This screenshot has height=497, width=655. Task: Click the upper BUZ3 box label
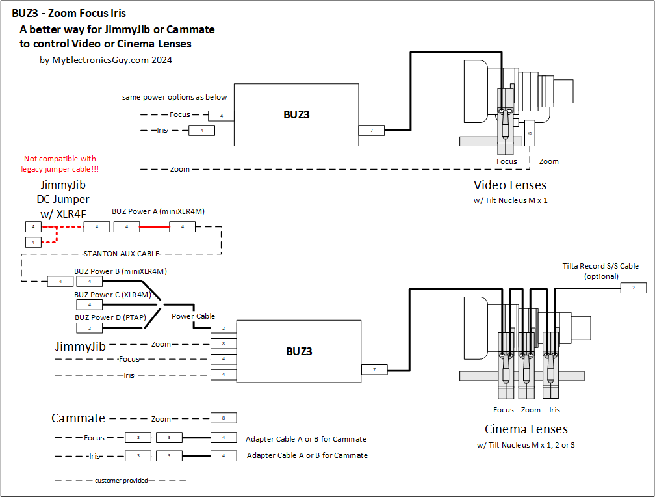coord(296,114)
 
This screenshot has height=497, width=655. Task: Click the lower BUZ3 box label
coord(299,351)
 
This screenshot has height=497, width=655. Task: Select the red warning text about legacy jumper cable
coord(59,164)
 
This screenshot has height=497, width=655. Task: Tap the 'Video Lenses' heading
coord(509,185)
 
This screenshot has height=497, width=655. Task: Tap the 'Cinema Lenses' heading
coord(526,429)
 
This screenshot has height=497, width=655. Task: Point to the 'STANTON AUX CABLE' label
coord(122,254)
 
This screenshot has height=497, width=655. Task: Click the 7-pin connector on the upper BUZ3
coord(372,131)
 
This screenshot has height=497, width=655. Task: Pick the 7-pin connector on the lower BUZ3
coord(374,369)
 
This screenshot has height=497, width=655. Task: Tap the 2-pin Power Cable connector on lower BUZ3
coord(223,329)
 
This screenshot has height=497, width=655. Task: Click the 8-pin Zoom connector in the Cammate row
coord(224,418)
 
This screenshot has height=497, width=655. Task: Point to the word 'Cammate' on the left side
coord(78,418)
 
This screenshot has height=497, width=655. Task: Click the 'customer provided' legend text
coord(122,481)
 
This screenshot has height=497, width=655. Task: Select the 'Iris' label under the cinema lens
coord(554,410)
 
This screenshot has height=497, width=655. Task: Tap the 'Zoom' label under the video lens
coord(548,161)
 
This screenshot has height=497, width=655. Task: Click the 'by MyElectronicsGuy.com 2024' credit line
coord(105,60)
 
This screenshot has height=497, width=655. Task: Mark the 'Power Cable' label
coord(193,316)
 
